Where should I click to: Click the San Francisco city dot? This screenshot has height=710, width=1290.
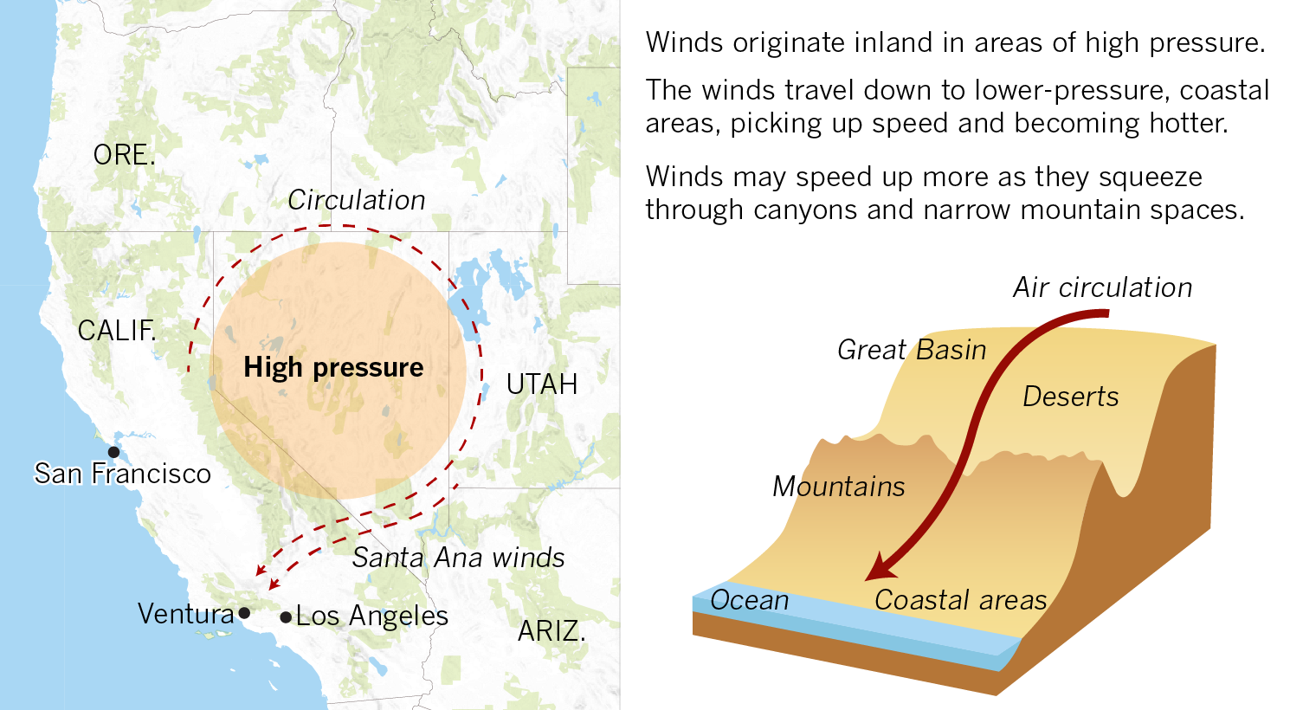pos(114,452)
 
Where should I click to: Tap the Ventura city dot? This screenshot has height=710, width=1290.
pos(244,613)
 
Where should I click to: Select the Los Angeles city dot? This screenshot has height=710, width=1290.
pos(286,617)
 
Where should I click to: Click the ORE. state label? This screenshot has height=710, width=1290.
pos(125,155)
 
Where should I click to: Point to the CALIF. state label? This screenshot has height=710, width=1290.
pos(117,331)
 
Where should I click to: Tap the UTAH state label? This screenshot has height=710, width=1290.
pos(542,384)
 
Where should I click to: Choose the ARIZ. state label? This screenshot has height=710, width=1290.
pos(551,631)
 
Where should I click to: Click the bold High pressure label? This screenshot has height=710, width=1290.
pos(333,367)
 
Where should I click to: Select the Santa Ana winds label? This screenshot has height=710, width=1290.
pos(458,558)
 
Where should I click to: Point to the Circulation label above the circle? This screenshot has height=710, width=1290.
pos(357,200)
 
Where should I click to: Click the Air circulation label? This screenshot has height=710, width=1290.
pos(1102,287)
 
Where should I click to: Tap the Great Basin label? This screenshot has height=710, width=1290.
pos(912,350)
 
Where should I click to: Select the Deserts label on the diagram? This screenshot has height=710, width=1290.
pos(1071,397)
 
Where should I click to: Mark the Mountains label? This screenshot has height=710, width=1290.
pos(838,487)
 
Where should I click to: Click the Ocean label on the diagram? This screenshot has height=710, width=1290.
pos(749,600)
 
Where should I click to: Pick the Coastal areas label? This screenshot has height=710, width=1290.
pos(961,600)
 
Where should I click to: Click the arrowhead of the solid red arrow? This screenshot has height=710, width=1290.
pos(880,567)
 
